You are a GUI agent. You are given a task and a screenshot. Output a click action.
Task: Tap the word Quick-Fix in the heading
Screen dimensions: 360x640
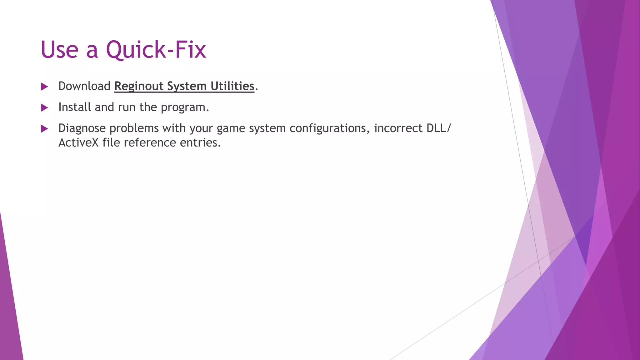tap(156, 50)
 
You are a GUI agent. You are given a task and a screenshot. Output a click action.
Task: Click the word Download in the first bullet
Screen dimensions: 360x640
tap(84, 86)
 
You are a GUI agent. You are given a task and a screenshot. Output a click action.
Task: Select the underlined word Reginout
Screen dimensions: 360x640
tap(139, 87)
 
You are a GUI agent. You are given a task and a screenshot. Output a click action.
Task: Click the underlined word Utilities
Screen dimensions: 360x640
tap(232, 86)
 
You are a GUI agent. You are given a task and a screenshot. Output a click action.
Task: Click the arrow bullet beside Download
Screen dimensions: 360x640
tap(44, 87)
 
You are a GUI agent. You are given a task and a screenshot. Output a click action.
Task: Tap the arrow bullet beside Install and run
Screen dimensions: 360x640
tap(44, 108)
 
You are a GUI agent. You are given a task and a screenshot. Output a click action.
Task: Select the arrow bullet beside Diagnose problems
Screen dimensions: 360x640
tap(44, 128)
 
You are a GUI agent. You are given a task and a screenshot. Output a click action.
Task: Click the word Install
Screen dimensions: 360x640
tap(75, 107)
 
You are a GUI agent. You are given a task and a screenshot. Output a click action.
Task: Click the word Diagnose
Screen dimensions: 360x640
tap(82, 128)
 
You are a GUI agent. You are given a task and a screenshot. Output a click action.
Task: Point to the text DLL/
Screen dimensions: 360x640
tap(439, 128)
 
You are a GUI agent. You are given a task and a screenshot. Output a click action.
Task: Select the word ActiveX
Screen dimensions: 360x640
tap(78, 143)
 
